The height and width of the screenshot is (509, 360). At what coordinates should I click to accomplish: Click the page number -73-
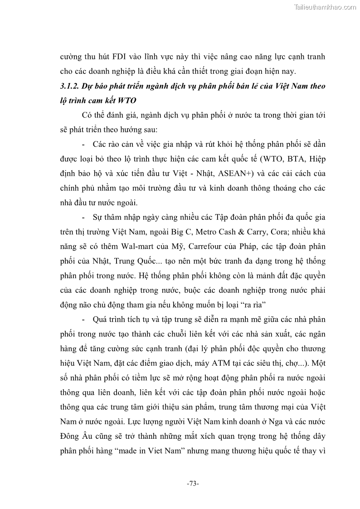193,484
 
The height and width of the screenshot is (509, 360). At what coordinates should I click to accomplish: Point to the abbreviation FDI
116,58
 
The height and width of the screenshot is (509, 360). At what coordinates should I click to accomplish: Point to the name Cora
272,233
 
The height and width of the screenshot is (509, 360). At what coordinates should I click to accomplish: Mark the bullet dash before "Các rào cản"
84,145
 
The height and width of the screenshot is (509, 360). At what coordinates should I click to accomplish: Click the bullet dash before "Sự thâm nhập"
84,218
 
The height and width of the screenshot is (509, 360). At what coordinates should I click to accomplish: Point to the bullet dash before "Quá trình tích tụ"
84,320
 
